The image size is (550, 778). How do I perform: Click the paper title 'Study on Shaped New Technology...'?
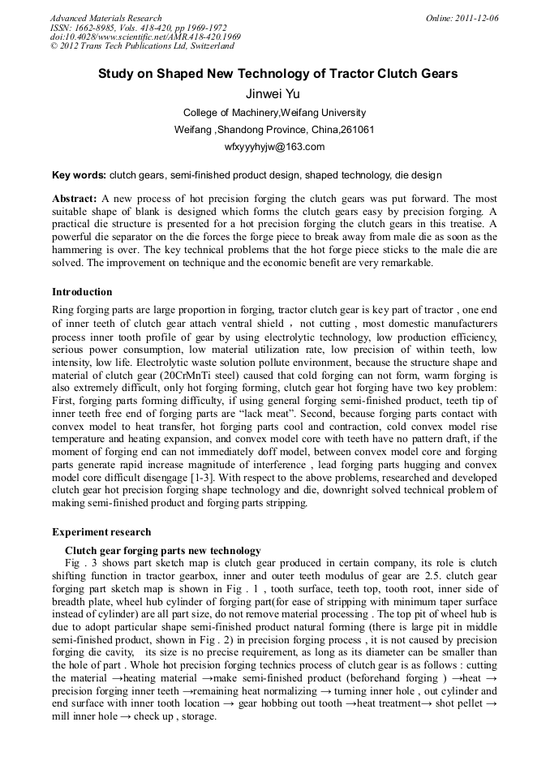click(277, 74)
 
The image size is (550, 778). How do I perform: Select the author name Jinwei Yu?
click(274, 94)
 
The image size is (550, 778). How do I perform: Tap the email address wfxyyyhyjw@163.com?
click(274, 147)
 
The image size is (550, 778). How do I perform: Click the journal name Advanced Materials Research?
click(106, 18)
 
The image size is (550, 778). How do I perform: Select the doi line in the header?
click(145, 37)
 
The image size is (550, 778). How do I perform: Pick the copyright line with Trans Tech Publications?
click(142, 46)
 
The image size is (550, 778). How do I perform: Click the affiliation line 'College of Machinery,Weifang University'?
click(274, 113)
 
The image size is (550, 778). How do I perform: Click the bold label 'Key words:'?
click(79, 175)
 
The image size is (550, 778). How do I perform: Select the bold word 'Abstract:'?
click(75, 199)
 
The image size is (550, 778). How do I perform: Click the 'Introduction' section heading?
click(82, 292)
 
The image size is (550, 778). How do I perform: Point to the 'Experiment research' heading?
click(101, 532)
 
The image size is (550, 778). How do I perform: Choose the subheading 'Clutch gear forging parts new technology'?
click(162, 551)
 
